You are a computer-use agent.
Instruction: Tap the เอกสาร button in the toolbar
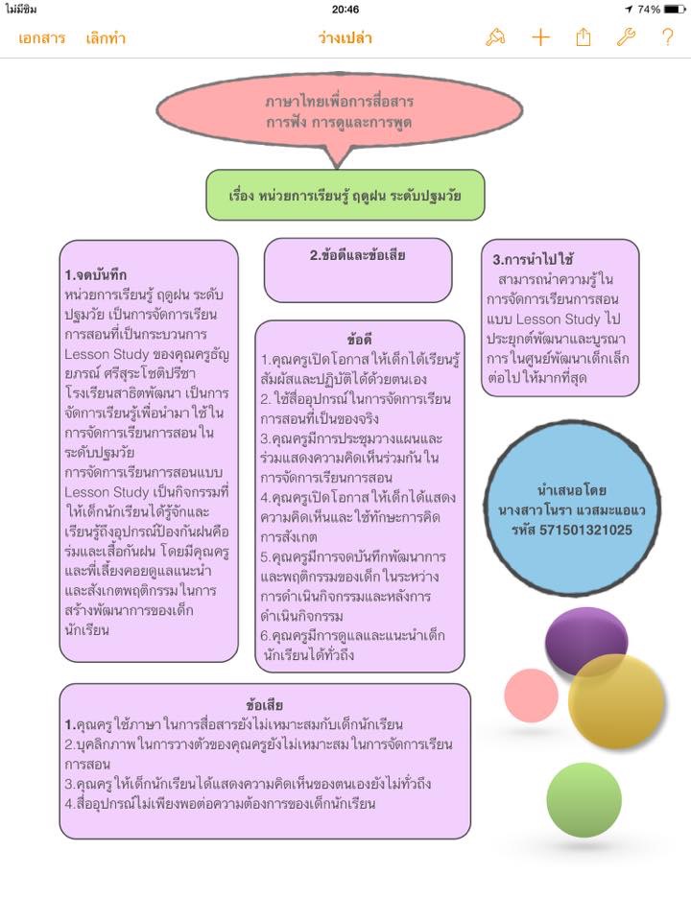click(41, 38)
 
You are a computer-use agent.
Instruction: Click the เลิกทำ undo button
click(106, 38)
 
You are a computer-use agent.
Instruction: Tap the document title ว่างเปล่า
click(345, 38)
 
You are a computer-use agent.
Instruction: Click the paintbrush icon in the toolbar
click(495, 37)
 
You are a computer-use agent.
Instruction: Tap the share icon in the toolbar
click(584, 37)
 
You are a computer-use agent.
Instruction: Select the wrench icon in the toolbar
click(626, 37)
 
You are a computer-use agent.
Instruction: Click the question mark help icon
click(667, 37)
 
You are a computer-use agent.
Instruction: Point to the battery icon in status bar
click(675, 9)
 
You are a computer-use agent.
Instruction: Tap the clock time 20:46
click(345, 9)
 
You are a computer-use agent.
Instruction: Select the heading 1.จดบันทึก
click(96, 275)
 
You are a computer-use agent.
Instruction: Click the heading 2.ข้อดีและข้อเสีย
click(357, 255)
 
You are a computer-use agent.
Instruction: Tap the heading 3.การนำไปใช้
click(533, 259)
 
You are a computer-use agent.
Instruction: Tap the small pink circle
click(531, 696)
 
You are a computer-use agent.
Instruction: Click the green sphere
click(584, 799)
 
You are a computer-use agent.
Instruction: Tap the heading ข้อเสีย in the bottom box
click(264, 706)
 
